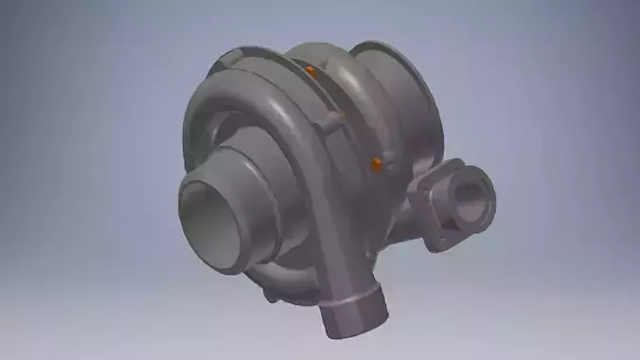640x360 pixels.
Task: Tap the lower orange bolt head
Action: (x=377, y=165)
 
